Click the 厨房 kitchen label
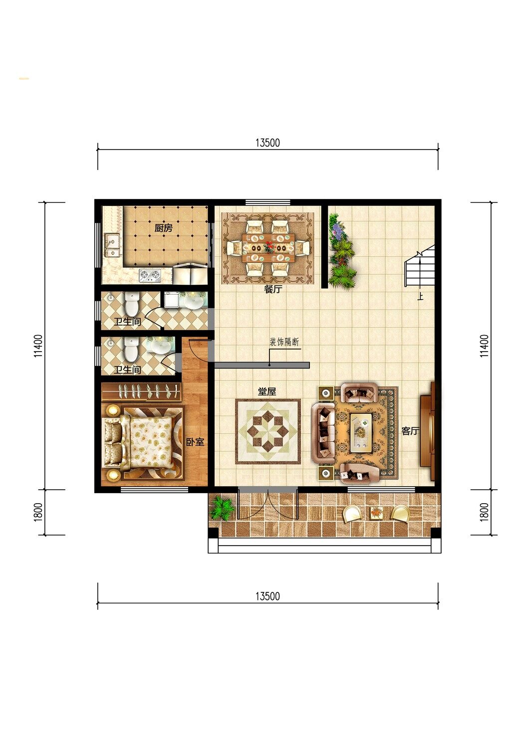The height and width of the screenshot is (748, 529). click(163, 228)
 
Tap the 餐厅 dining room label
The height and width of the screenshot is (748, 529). click(272, 289)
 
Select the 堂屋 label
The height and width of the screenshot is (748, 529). click(266, 391)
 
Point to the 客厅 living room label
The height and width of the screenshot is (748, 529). click(410, 431)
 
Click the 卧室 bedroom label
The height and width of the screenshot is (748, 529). click(195, 442)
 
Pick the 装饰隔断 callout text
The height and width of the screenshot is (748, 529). click(284, 342)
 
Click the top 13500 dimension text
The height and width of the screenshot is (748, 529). click(267, 143)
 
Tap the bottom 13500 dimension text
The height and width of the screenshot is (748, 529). click(267, 596)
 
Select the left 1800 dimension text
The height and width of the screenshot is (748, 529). click(38, 512)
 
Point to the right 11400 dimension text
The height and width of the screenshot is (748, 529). click(484, 346)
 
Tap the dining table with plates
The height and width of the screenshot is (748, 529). click(268, 248)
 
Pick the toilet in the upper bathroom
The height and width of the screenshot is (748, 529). click(132, 303)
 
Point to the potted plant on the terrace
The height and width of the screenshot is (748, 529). click(221, 508)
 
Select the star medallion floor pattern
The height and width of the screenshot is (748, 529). click(268, 432)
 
